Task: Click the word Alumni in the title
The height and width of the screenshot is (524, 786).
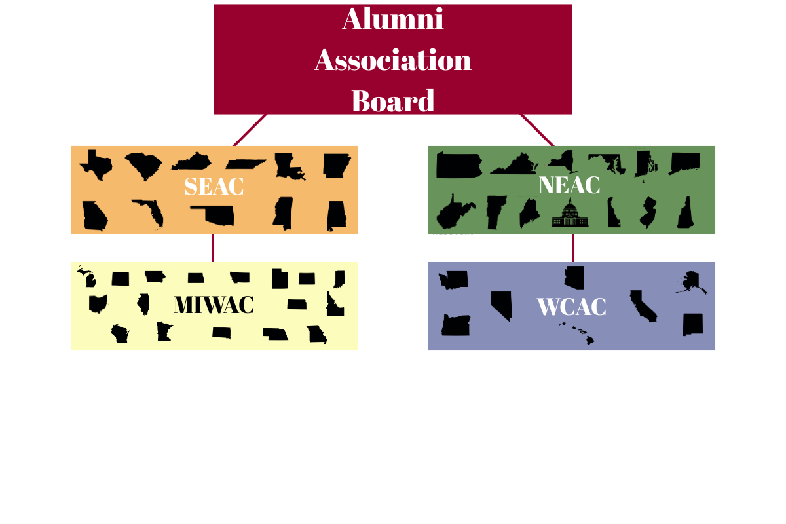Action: (393, 19)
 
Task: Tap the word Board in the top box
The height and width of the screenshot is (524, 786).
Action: (393, 101)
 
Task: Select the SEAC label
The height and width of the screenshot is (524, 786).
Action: (214, 186)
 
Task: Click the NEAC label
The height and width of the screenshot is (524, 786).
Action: (569, 185)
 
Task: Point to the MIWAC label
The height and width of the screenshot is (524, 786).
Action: (214, 305)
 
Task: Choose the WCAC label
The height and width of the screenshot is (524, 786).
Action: (571, 307)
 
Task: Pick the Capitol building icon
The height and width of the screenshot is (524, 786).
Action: (570, 214)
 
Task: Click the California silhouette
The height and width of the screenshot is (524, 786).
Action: (643, 306)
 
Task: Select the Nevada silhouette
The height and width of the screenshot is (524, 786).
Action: (501, 305)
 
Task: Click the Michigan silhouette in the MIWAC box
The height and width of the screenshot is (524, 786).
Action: (86, 277)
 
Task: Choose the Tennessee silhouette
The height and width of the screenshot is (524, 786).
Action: (246, 164)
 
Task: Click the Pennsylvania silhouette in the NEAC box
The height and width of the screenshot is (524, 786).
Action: (458, 165)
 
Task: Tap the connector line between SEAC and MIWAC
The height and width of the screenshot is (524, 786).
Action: (213, 248)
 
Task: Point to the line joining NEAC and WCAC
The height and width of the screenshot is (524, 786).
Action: (573, 248)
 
